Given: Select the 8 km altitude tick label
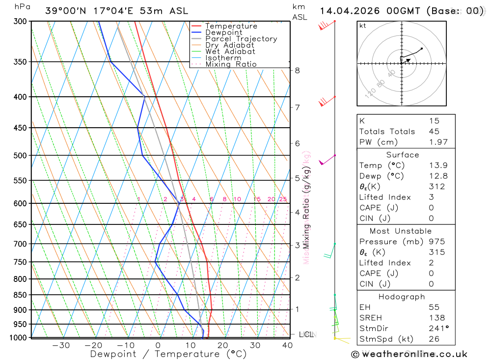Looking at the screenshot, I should pyautogui.click(x=297, y=70).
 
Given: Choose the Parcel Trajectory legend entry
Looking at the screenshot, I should pyautogui.click(x=241, y=39).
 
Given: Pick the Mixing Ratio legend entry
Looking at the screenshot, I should pyautogui.click(x=231, y=64).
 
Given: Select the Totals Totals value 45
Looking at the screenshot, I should pyautogui.click(x=434, y=131).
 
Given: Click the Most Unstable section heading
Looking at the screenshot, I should pyautogui.click(x=401, y=231).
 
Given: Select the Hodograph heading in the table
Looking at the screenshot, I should pyautogui.click(x=401, y=297).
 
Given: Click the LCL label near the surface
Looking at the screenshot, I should pyautogui.click(x=306, y=334).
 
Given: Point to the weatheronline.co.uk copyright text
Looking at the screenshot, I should pyautogui.click(x=409, y=354).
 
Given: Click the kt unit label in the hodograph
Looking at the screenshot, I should pyautogui.click(x=363, y=26).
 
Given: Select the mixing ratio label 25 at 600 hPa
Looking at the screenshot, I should pyautogui.click(x=283, y=199).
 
